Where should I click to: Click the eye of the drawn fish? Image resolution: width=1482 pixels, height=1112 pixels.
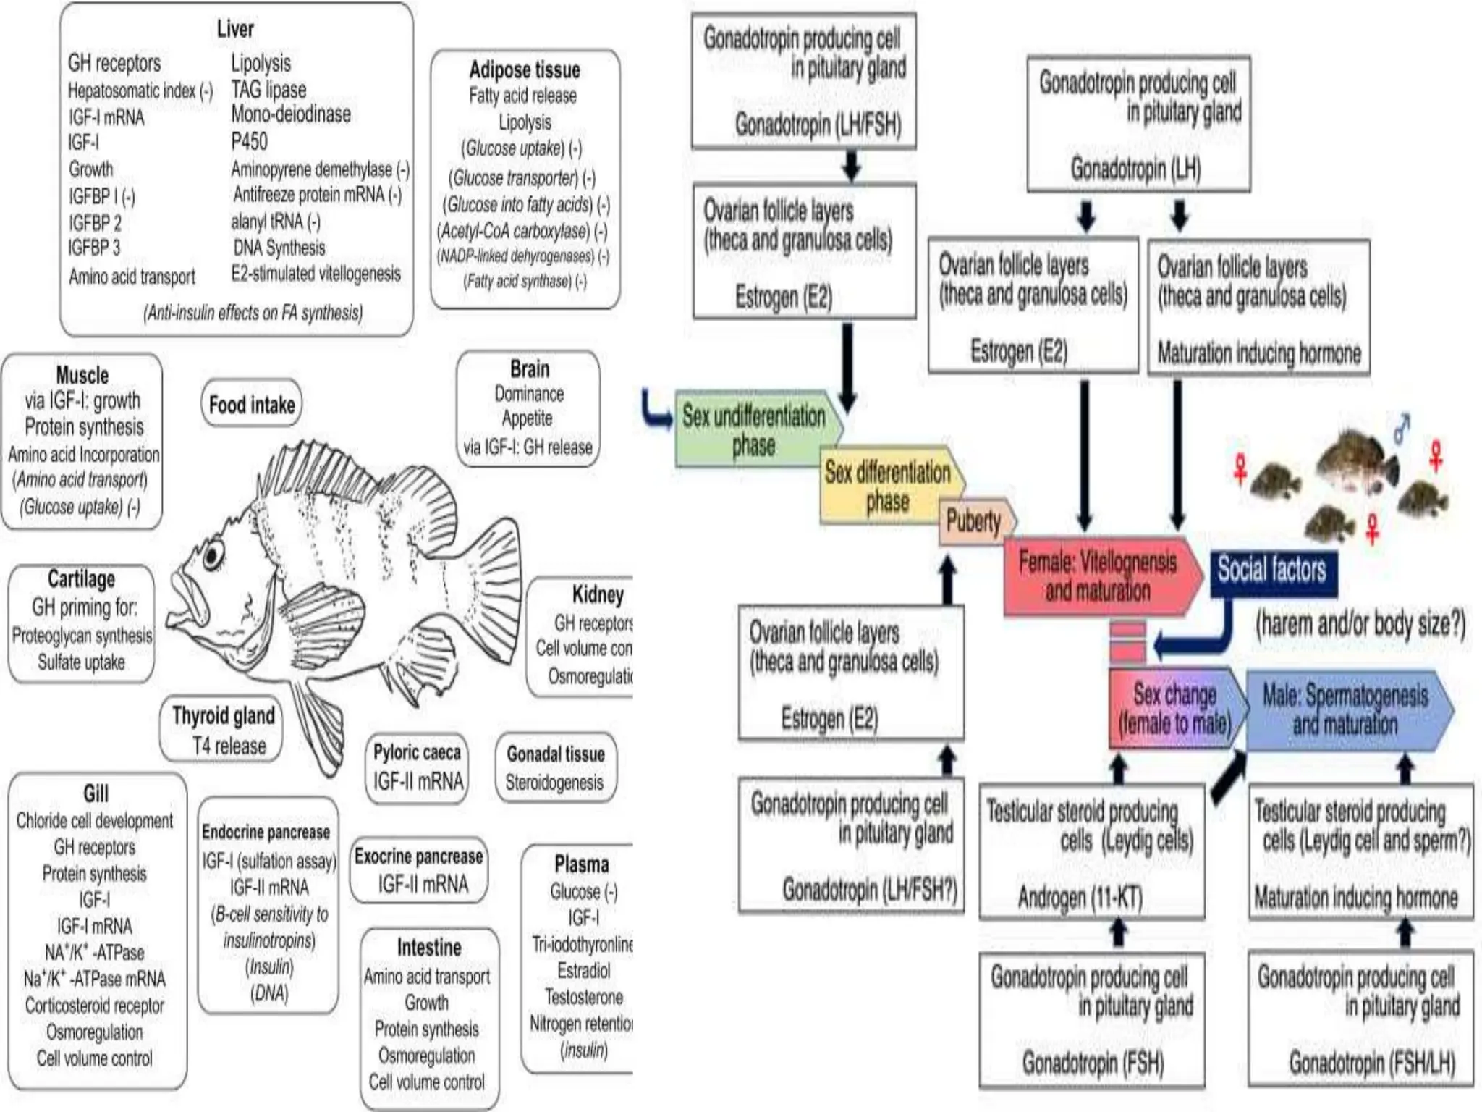coord(213,556)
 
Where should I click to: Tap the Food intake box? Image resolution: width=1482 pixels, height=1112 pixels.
coord(251,404)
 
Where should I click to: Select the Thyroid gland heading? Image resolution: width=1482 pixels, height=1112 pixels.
coord(223,716)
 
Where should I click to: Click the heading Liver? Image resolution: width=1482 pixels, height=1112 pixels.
coord(235,29)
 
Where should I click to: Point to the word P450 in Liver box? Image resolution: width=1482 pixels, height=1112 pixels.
coord(249,141)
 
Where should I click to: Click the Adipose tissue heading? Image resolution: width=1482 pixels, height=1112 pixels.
coord(525,70)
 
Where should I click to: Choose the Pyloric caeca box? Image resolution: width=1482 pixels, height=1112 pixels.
coord(417,767)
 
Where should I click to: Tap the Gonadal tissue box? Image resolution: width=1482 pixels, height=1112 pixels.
coord(555,767)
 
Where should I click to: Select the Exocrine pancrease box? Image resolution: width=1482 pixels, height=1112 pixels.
coord(418,869)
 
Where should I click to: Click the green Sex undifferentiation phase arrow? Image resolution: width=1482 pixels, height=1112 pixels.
coord(754,430)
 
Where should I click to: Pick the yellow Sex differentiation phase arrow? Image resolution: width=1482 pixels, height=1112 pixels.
coord(887,486)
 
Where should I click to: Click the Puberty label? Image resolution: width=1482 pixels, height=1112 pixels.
coord(973,521)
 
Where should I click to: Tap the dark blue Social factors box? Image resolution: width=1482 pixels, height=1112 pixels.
coord(1272,570)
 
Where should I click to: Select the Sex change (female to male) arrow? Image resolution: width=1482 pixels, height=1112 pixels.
coord(1174,708)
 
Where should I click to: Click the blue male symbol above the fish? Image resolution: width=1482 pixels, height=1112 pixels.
coord(1402,429)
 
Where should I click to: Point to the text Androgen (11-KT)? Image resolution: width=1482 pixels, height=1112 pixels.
coord(1080,898)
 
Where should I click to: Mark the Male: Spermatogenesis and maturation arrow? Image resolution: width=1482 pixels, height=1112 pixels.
coord(1345,709)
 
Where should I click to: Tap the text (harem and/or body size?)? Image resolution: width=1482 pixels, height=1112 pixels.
coord(1360,623)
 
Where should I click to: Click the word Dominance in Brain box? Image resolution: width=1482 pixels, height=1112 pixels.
coord(529,394)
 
